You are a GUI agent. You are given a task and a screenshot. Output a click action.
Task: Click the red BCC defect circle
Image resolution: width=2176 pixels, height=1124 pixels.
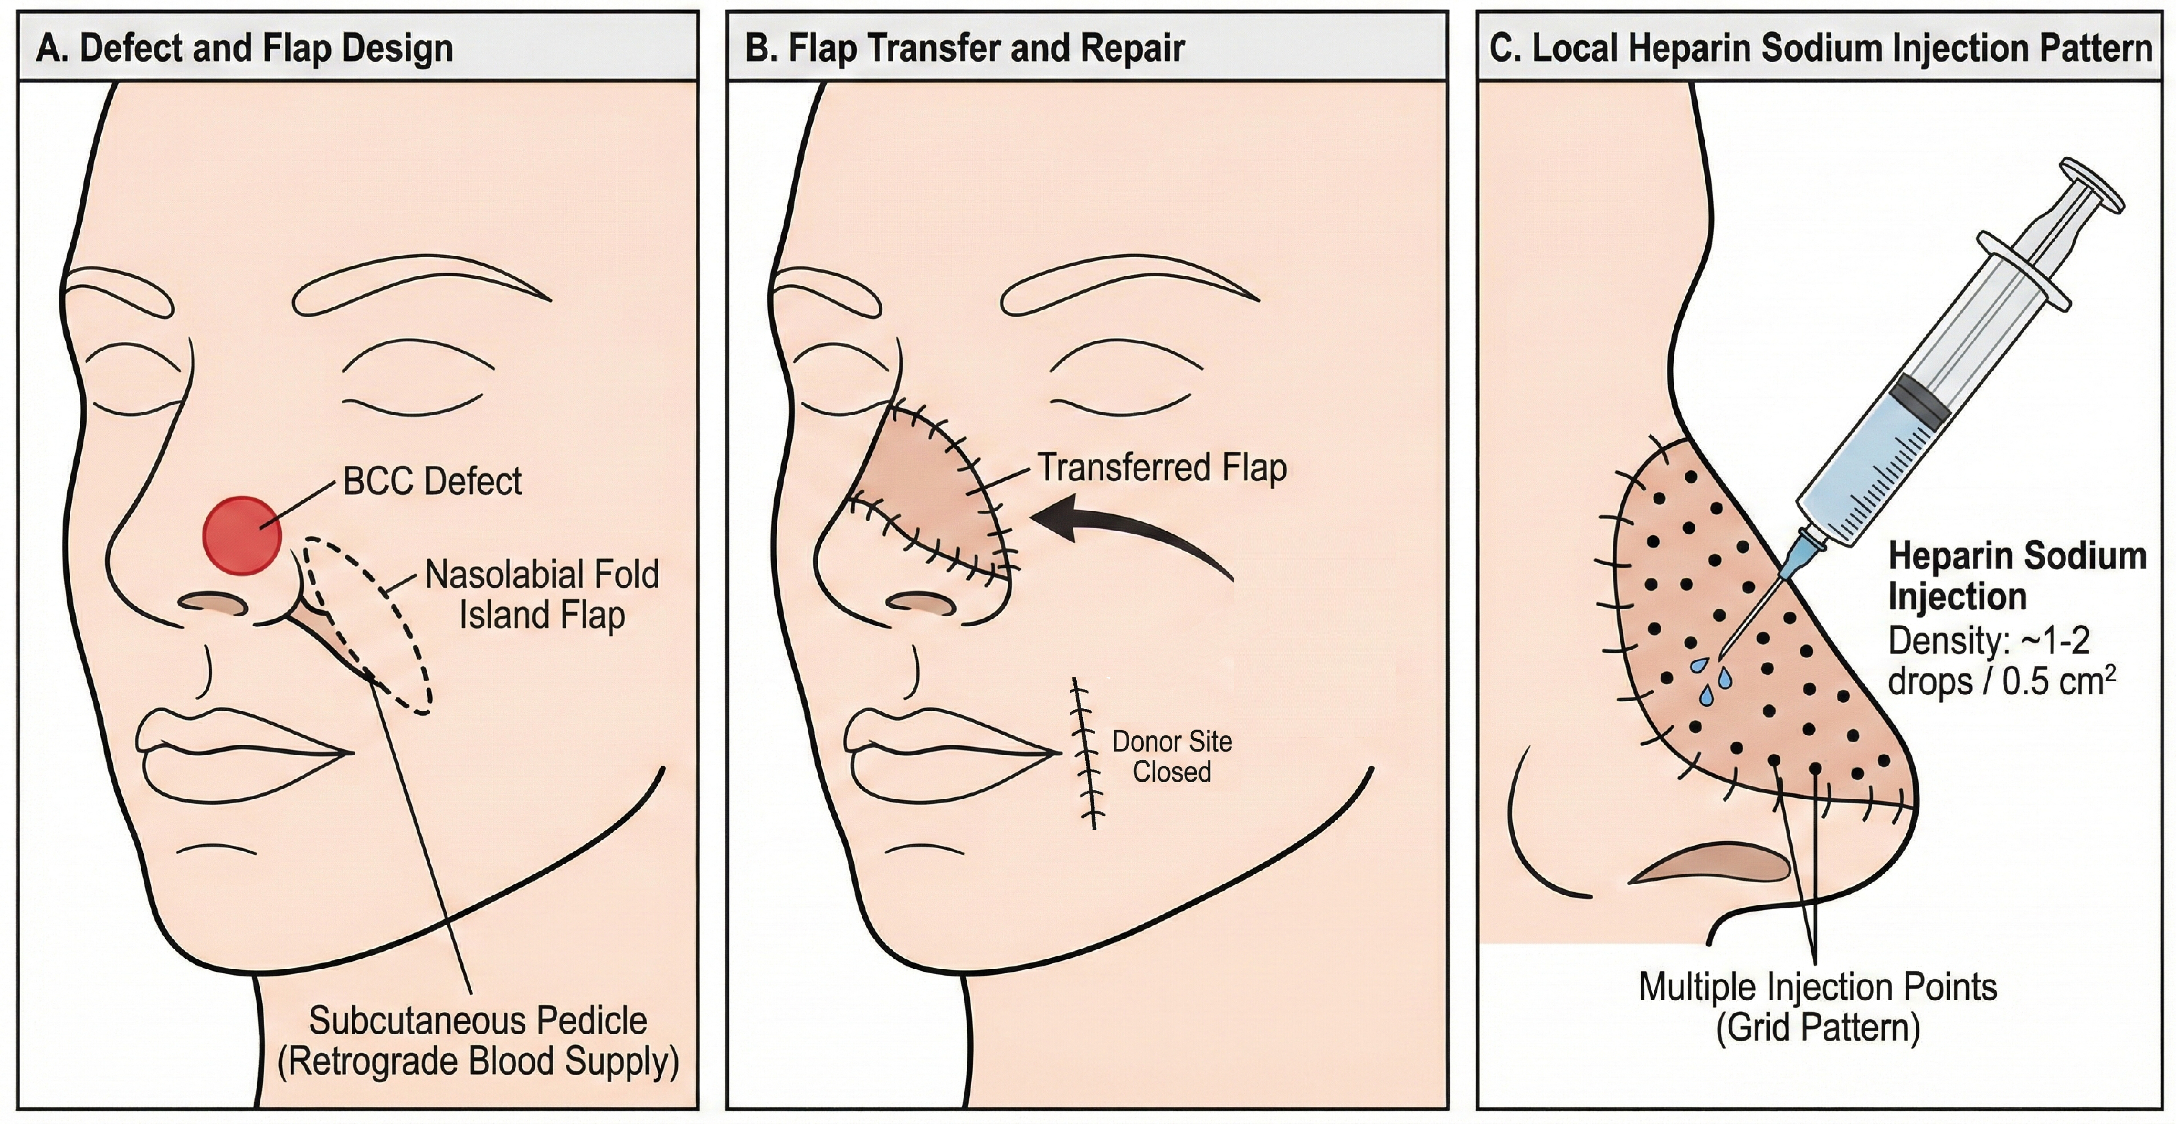pos(242,535)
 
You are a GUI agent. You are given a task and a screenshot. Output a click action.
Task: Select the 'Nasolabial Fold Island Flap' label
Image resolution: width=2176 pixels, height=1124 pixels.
pos(541,594)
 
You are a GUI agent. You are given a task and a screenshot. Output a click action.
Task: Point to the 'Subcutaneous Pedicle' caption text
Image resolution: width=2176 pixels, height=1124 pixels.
pos(478,1021)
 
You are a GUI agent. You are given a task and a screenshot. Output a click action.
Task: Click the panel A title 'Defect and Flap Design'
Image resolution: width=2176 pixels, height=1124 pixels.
pos(266,48)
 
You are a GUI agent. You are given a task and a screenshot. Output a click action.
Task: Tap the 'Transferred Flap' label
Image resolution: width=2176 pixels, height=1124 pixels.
pos(1161,467)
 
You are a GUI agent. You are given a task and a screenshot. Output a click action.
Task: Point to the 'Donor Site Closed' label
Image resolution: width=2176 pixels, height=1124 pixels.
pos(1172,757)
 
